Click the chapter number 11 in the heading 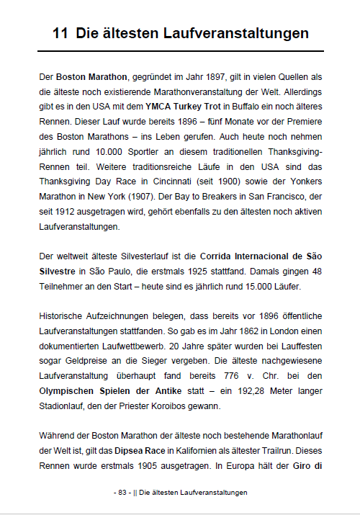(x=60, y=34)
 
